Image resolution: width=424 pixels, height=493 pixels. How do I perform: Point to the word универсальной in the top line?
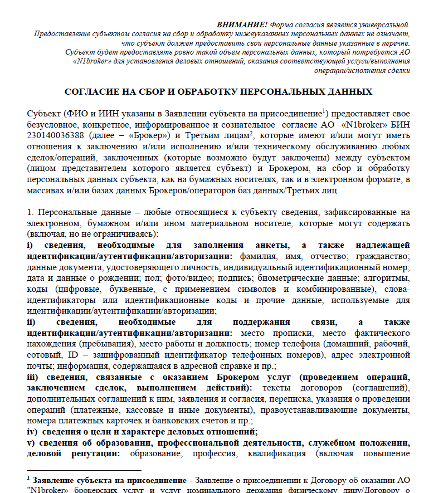[383, 25]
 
